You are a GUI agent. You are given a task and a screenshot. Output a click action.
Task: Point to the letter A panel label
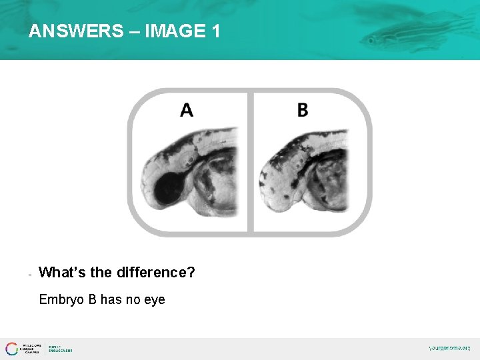click(187, 110)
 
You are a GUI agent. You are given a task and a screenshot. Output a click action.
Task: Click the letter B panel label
click(302, 110)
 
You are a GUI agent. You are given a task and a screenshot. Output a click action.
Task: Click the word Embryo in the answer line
click(59, 300)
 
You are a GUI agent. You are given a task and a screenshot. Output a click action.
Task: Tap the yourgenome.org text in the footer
click(449, 348)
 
